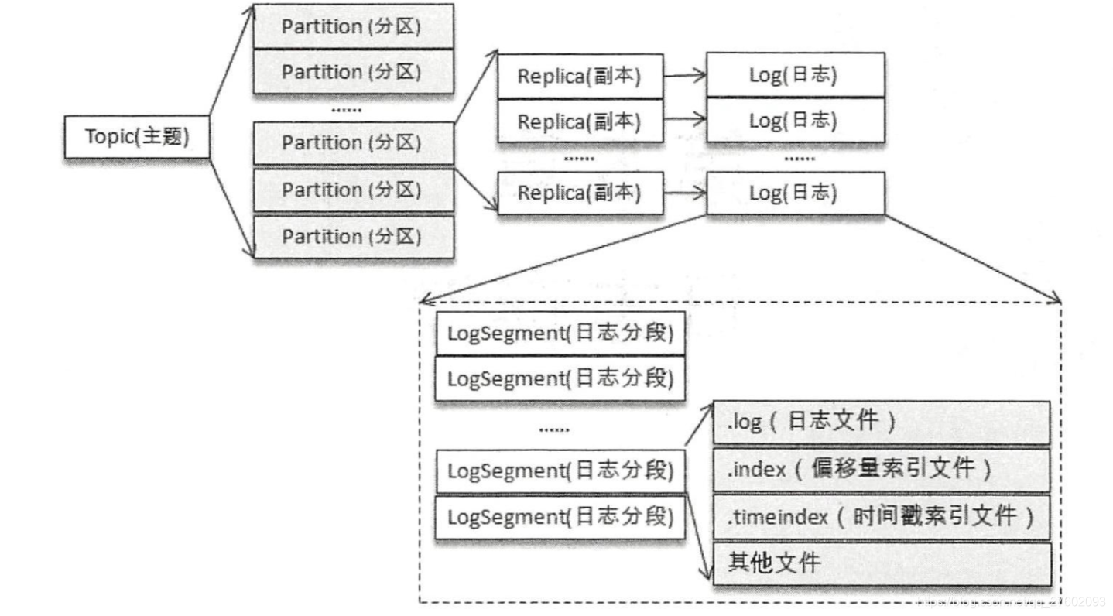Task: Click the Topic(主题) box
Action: pos(137,137)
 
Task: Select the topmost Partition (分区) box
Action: pos(353,26)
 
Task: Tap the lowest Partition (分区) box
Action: pos(353,236)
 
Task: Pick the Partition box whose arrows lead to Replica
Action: pos(353,143)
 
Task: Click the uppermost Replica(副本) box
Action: pos(580,76)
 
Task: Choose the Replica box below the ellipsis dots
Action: pos(580,192)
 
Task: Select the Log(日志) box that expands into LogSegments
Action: pos(795,192)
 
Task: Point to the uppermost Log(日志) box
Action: pos(795,75)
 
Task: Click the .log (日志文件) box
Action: pos(881,422)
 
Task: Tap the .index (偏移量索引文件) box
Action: pos(881,469)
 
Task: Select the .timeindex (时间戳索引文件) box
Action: pos(881,516)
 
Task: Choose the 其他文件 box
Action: pos(881,563)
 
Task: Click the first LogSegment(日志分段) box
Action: pos(560,334)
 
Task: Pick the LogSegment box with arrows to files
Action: pos(560,471)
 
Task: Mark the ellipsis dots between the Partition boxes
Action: pos(346,110)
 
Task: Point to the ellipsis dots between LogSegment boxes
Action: pos(553,428)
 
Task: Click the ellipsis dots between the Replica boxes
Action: pos(578,159)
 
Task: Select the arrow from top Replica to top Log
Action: pos(684,75)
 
